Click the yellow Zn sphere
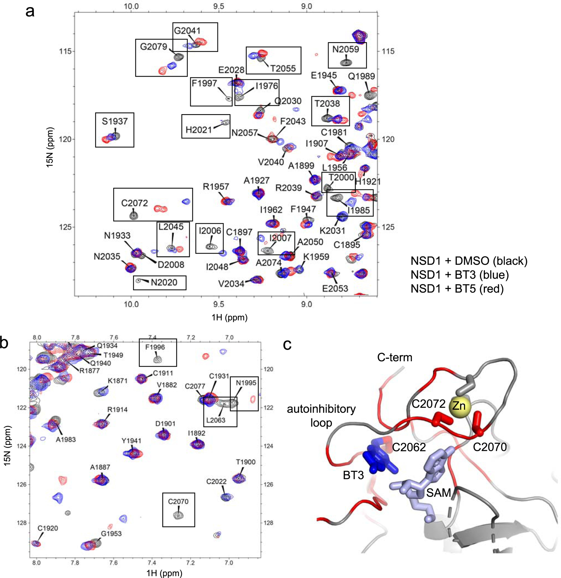(x=459, y=406)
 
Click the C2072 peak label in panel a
(x=134, y=203)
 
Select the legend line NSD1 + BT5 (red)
(x=457, y=289)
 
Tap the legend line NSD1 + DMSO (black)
(x=469, y=261)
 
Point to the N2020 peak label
(x=164, y=282)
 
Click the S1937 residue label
(x=115, y=121)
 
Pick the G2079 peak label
(x=154, y=47)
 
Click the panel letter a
(x=30, y=12)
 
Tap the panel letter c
(x=287, y=344)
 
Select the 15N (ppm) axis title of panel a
(x=50, y=147)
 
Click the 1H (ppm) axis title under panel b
(x=164, y=573)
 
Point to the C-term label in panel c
(x=395, y=357)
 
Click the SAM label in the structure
(x=439, y=493)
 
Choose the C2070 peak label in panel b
(x=178, y=502)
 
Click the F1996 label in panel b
(x=155, y=347)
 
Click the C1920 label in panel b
(x=48, y=528)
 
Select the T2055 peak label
(x=283, y=68)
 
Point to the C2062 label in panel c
(x=409, y=447)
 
